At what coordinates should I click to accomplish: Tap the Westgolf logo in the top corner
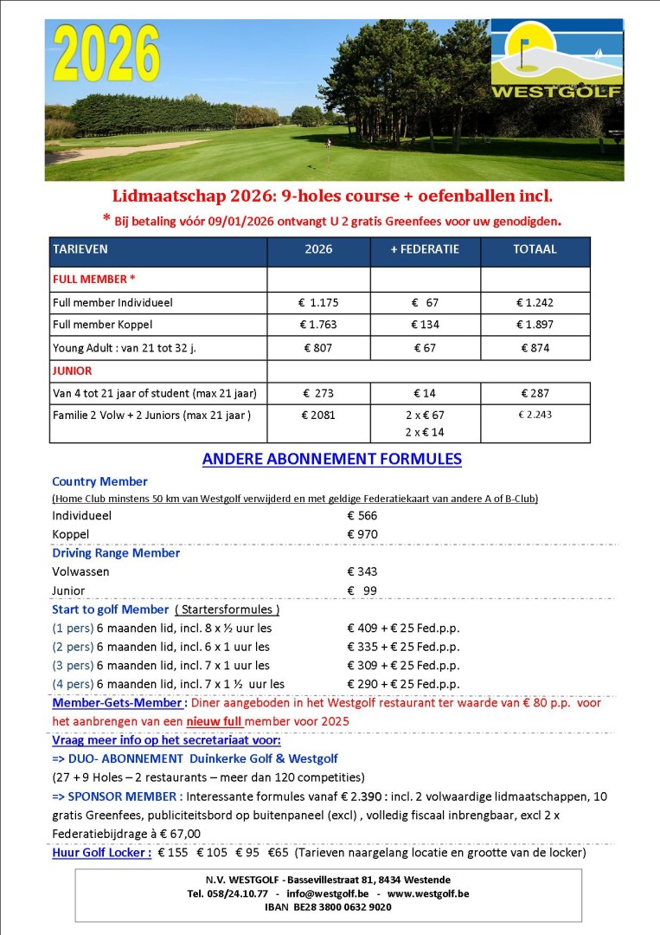tap(556, 60)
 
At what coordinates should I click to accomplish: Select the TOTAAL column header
tap(535, 249)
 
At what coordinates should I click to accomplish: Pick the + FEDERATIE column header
tap(425, 249)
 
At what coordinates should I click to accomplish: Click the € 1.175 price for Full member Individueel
tap(318, 302)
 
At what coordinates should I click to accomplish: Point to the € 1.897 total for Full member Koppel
tap(535, 325)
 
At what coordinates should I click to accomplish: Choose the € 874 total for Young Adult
tap(535, 347)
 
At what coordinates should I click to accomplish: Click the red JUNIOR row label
tap(73, 371)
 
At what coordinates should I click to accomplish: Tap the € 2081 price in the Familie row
tap(318, 415)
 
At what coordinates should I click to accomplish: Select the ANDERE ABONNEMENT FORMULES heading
tap(332, 459)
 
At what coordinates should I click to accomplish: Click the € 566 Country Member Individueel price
tap(362, 515)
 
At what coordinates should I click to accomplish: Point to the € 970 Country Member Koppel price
tap(362, 534)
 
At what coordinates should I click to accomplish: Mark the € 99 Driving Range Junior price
tap(363, 590)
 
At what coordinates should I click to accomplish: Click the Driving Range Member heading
tap(116, 553)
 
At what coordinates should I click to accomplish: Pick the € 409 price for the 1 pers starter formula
tap(362, 628)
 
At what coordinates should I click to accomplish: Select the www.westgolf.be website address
tap(428, 892)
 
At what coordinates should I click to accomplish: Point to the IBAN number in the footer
tap(328, 906)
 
